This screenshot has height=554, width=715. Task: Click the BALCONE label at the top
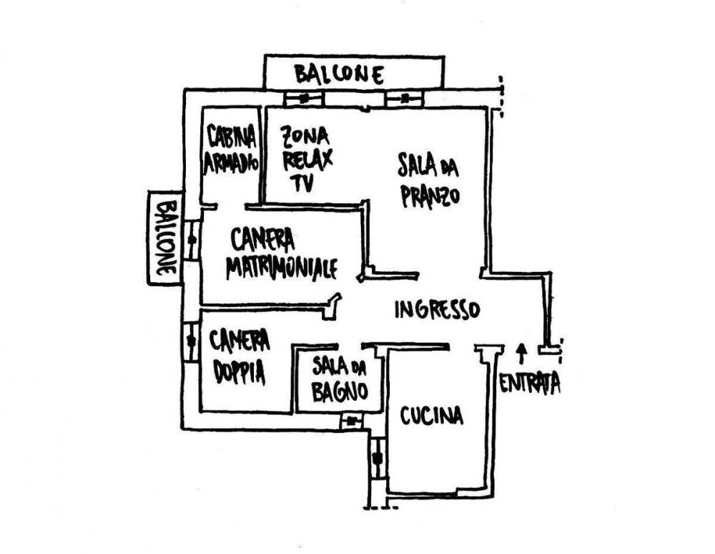pyautogui.click(x=339, y=74)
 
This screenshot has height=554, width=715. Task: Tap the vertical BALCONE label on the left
pyautogui.click(x=164, y=238)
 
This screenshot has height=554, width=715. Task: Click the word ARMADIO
pyautogui.click(x=230, y=162)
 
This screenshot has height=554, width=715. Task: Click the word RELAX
pyautogui.click(x=307, y=158)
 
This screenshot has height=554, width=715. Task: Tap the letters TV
pyautogui.click(x=302, y=183)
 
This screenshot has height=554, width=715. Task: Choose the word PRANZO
pyautogui.click(x=429, y=195)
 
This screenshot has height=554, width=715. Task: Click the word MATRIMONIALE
pyautogui.click(x=282, y=268)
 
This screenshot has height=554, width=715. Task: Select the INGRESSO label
pyautogui.click(x=436, y=309)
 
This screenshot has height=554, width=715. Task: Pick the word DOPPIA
pyautogui.click(x=238, y=372)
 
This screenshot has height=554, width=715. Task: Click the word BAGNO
pyautogui.click(x=340, y=391)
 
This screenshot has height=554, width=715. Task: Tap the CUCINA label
pyautogui.click(x=431, y=416)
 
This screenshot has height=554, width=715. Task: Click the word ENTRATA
pyautogui.click(x=529, y=384)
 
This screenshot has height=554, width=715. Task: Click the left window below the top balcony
pyautogui.click(x=305, y=99)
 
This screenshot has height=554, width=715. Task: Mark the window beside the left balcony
pyautogui.click(x=192, y=240)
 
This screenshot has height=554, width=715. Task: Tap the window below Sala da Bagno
pyautogui.click(x=351, y=421)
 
